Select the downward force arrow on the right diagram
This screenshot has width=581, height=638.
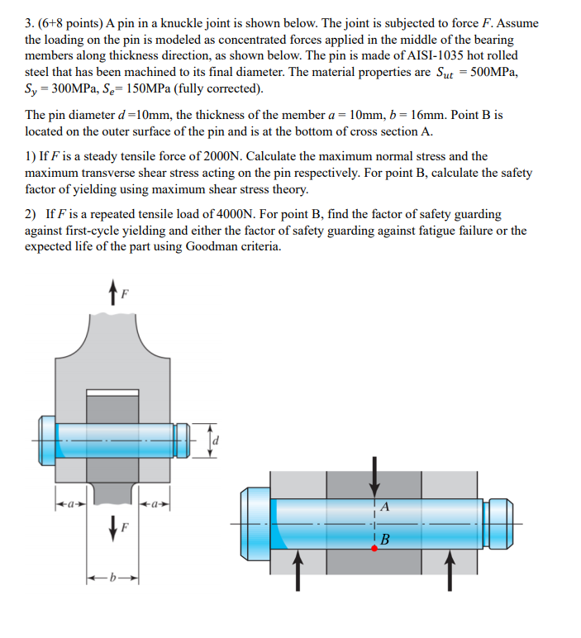click(374, 475)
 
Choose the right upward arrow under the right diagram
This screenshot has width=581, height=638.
click(450, 570)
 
